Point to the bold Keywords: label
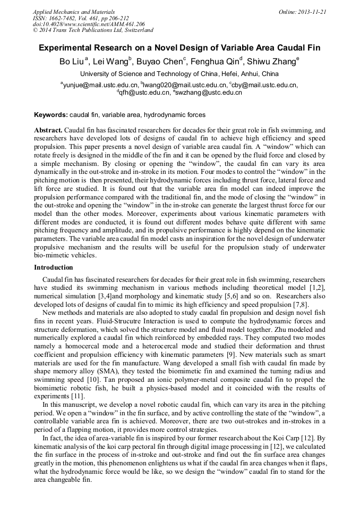50,114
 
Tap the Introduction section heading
53,267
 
